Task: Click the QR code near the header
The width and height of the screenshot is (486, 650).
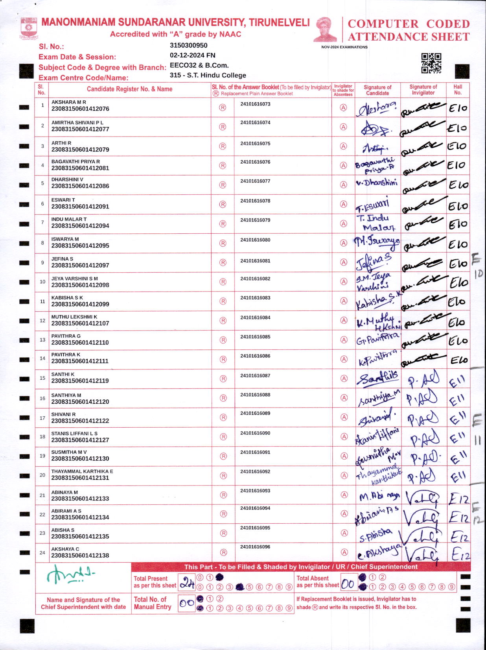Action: click(x=431, y=63)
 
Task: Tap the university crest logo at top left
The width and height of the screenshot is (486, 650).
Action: click(x=28, y=28)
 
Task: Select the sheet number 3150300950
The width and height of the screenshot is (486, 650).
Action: click(x=188, y=45)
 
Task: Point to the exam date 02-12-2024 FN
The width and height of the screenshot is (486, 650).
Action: click(x=192, y=55)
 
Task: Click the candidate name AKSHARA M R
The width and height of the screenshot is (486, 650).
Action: click(x=69, y=102)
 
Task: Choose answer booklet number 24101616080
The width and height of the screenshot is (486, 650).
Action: click(x=255, y=240)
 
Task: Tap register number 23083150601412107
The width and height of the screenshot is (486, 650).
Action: click(x=80, y=323)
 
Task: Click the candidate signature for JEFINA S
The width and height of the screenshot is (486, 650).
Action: click(x=374, y=262)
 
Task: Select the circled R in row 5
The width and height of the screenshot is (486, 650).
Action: click(x=223, y=185)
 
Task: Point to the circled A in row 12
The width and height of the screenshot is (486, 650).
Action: click(x=344, y=320)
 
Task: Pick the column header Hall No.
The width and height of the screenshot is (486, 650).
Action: click(x=458, y=90)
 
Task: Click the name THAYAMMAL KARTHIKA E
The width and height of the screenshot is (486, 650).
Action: click(x=82, y=471)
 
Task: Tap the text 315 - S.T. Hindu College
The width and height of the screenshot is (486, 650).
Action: click(x=208, y=75)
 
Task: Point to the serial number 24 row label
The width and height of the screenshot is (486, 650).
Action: click(x=42, y=552)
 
